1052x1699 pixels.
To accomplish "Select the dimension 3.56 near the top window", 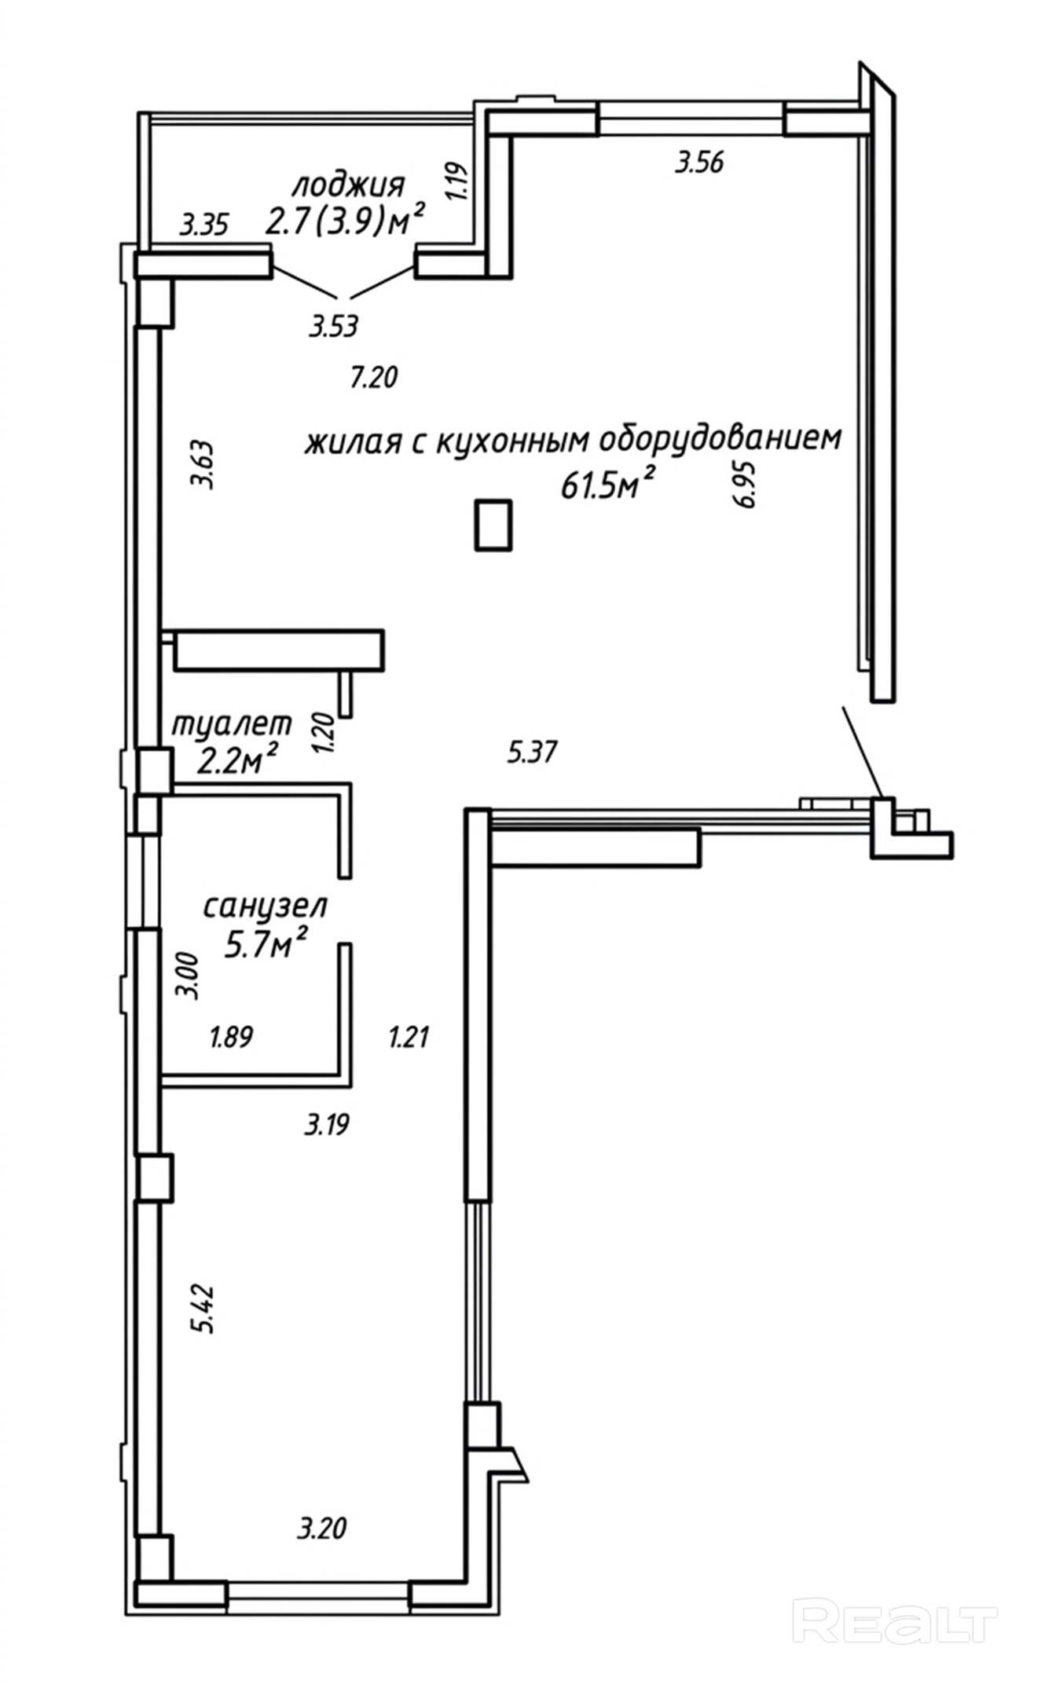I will (699, 163).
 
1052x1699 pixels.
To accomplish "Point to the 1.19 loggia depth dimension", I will (460, 181).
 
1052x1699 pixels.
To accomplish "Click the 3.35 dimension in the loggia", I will (204, 226).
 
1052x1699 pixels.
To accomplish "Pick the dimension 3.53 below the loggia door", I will (333, 325).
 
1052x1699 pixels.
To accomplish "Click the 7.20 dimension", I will (374, 378).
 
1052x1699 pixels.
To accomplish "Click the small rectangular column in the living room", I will (493, 524).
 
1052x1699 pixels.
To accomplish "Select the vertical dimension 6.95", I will (746, 485).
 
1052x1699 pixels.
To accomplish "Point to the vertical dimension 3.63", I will (205, 467).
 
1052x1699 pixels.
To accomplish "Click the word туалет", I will (232, 723).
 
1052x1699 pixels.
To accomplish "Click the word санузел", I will (266, 906).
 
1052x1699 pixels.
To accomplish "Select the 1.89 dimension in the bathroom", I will (231, 1037).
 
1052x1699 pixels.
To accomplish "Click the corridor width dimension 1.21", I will (409, 1038).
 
